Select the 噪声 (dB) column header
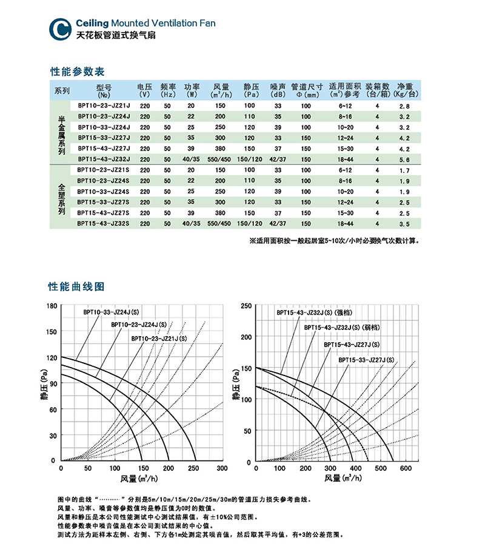click(x=278, y=90)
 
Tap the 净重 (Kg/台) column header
click(x=406, y=90)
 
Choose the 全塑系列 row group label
click(x=61, y=195)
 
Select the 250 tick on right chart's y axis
click(x=246, y=306)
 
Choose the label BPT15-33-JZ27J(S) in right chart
click(x=366, y=360)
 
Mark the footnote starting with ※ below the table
click(x=334, y=241)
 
